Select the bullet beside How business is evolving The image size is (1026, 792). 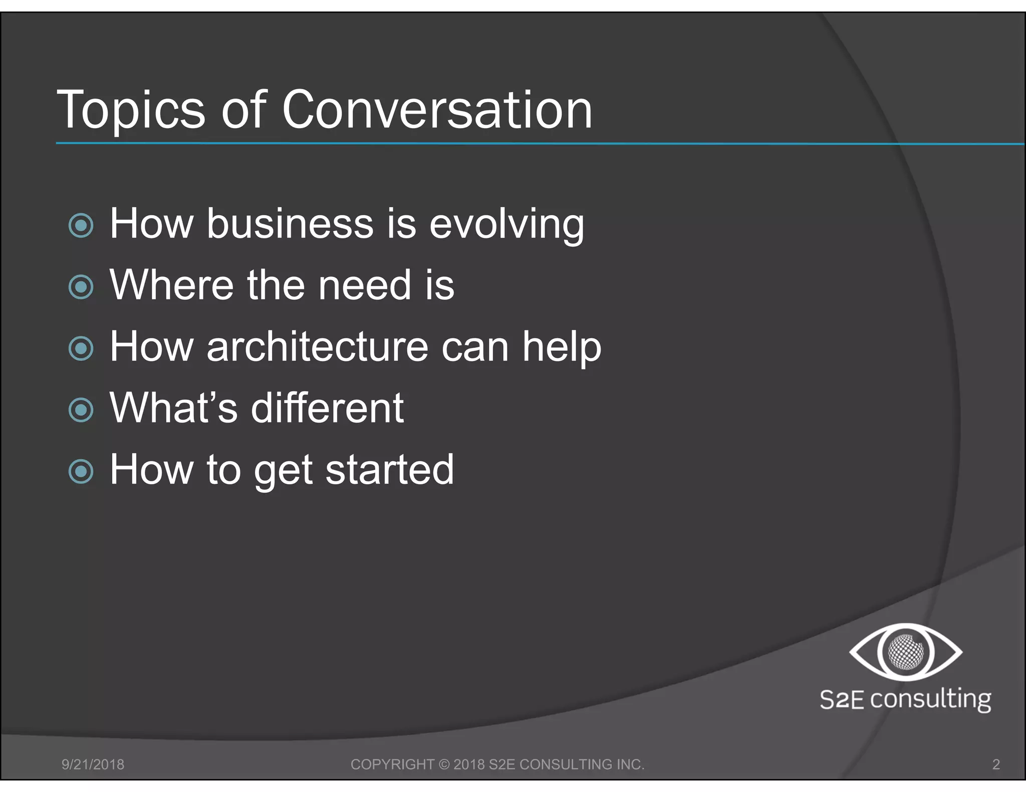click(81, 225)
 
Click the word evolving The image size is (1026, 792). click(506, 224)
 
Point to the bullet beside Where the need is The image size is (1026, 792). click(81, 287)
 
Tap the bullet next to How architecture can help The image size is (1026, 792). click(81, 348)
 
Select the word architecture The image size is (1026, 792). click(318, 346)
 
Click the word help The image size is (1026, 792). click(562, 346)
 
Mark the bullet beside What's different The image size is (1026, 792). click(81, 410)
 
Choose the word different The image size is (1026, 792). click(327, 408)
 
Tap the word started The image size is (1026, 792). click(390, 470)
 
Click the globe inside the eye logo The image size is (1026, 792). click(906, 652)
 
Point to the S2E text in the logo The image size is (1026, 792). click(842, 699)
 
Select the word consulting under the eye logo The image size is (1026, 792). click(930, 699)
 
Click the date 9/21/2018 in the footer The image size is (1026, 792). click(93, 764)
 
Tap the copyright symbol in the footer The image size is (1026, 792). click(444, 764)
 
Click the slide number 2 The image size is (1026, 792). click(996, 764)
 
